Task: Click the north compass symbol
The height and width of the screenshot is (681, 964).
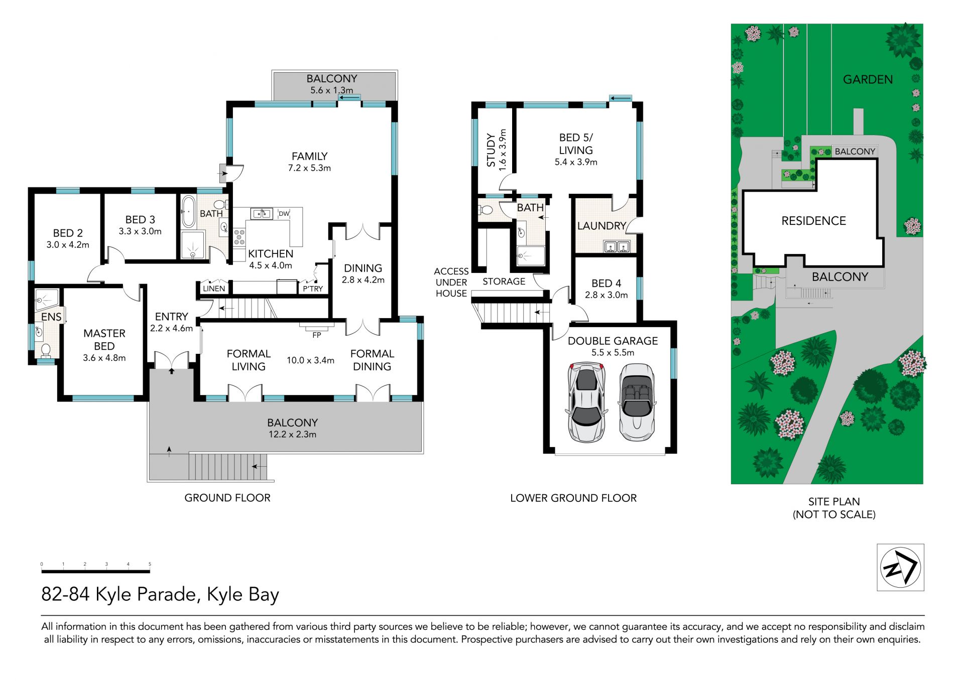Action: point(900,567)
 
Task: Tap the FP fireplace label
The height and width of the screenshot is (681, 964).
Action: point(317,335)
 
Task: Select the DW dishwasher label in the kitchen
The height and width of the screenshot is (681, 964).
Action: point(284,213)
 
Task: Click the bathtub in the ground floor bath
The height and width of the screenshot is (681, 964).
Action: point(188,212)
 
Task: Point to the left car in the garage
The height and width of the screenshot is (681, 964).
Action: point(586,402)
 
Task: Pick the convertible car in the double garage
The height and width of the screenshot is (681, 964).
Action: point(637,402)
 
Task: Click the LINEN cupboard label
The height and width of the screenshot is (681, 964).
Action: point(214,289)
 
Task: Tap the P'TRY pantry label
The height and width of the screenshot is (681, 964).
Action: point(313,289)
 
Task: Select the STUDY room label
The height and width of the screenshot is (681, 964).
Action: point(491,150)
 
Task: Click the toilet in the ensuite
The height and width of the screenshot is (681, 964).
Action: point(46,350)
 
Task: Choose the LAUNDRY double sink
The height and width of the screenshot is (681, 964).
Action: point(617,246)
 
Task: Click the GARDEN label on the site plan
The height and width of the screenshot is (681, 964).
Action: point(868,79)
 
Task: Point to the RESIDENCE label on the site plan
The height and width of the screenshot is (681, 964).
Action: point(813,221)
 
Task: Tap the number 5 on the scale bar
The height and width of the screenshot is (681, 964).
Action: point(150,564)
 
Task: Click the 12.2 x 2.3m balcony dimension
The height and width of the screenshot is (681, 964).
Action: point(292,435)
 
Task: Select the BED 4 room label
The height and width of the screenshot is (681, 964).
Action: point(606,283)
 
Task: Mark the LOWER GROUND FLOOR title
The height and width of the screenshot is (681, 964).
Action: point(573,498)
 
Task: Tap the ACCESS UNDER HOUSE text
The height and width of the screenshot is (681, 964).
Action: point(451,283)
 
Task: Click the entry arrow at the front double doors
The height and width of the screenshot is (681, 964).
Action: point(172,371)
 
